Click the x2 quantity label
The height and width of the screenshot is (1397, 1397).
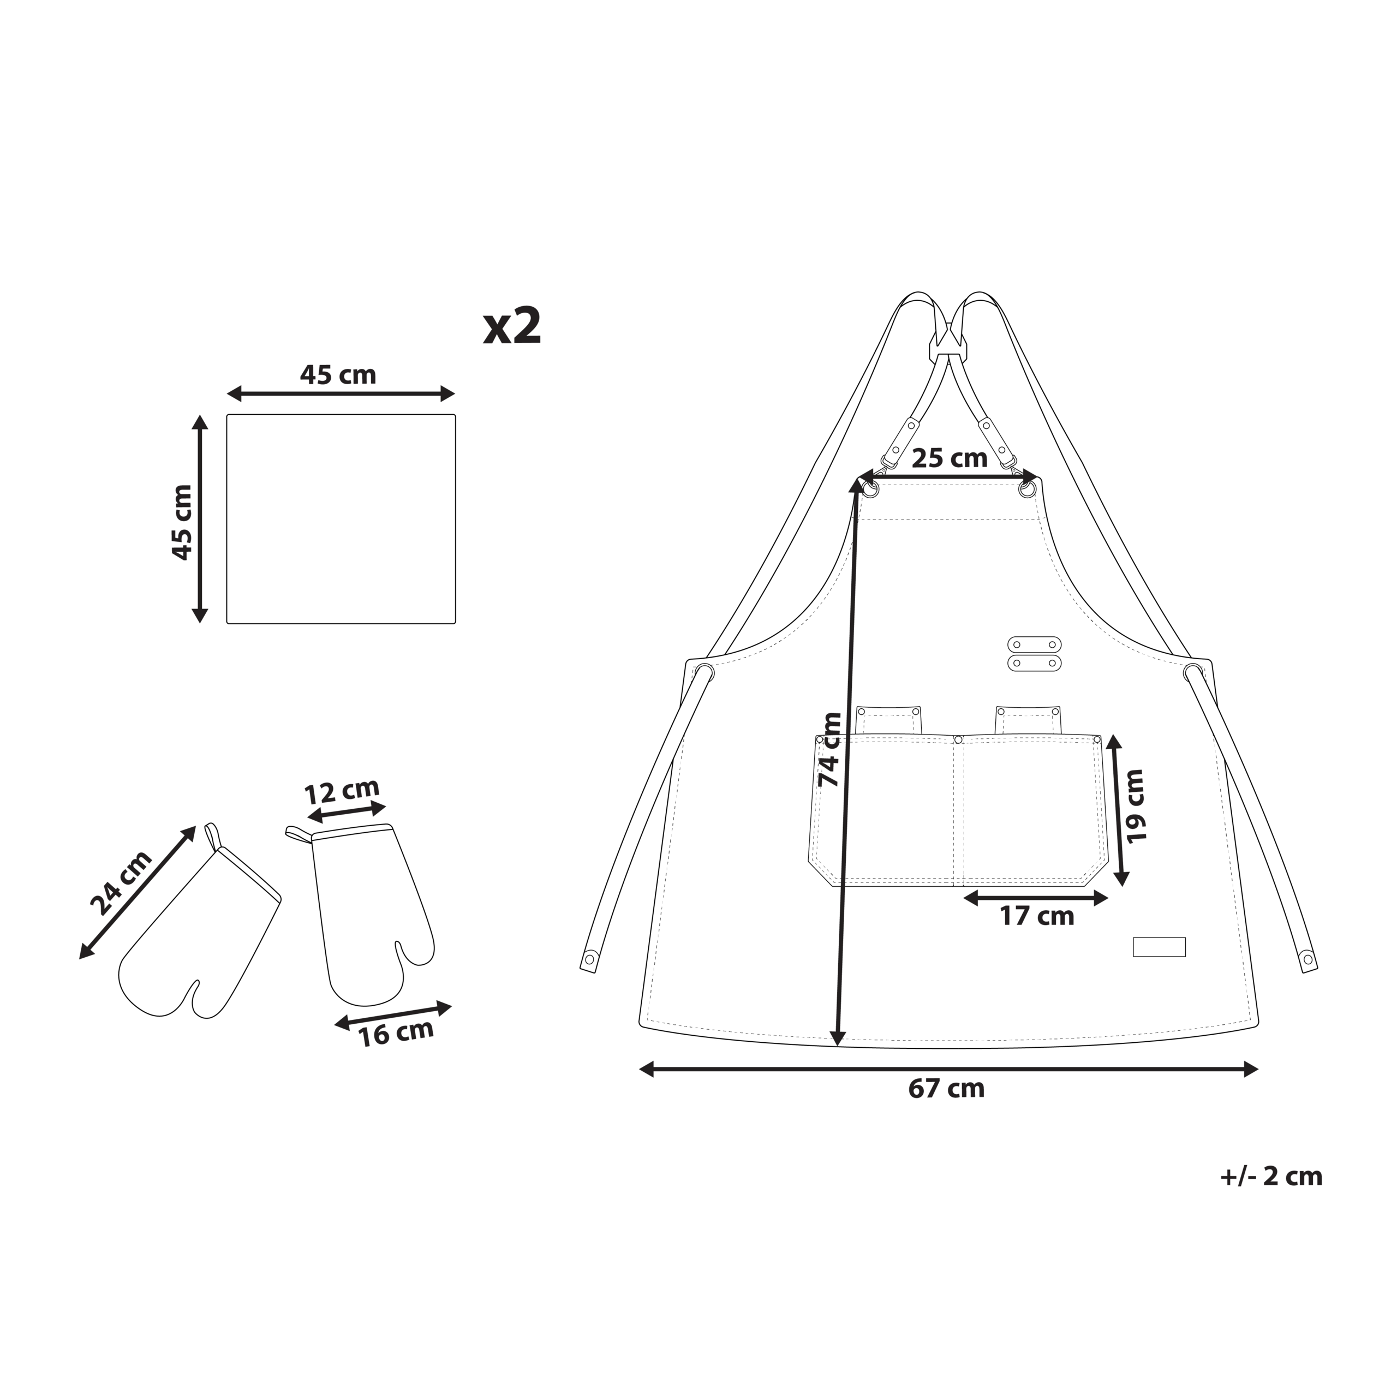[512, 327]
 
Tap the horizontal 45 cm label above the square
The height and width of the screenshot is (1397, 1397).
[338, 374]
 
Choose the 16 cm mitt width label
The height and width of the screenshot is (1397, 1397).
[396, 1032]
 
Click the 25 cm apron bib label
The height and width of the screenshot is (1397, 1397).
[950, 458]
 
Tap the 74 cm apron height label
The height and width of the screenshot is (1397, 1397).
[829, 750]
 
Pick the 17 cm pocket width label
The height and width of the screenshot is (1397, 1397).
[1037, 916]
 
